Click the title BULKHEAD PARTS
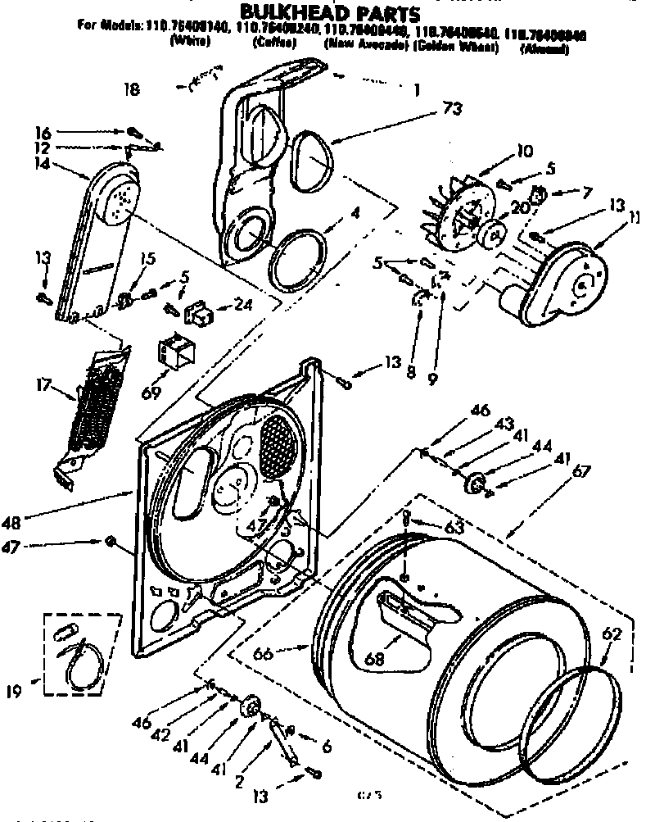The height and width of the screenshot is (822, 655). coord(328,12)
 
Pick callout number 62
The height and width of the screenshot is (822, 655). coord(612,633)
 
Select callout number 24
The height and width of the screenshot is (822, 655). coord(243,309)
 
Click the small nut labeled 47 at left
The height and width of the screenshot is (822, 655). coord(109,542)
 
